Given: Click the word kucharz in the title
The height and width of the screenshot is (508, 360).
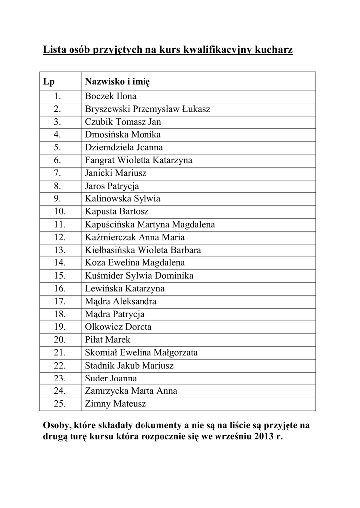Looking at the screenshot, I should click(x=273, y=50).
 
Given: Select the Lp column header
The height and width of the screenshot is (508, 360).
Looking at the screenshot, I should click(x=49, y=81).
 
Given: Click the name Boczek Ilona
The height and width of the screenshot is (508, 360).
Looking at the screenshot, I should click(x=110, y=96).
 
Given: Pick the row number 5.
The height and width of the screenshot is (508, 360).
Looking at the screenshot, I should click(x=57, y=147).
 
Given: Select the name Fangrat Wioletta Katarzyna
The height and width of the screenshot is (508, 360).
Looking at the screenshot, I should click(x=139, y=160).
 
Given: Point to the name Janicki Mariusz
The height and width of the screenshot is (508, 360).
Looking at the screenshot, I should click(x=116, y=173).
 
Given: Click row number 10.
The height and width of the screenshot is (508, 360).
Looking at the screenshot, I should click(x=60, y=212).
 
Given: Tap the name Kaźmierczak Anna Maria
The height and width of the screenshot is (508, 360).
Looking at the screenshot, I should click(x=135, y=238).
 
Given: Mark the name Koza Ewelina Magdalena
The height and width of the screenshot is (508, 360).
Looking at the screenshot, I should click(x=135, y=263).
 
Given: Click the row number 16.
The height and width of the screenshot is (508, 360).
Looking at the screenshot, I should click(x=60, y=289).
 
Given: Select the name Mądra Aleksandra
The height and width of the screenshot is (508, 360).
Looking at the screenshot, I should click(x=121, y=302).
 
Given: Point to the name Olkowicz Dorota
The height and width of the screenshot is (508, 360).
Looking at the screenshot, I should click(x=118, y=327).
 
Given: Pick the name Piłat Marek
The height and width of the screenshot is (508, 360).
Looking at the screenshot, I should click(x=107, y=340).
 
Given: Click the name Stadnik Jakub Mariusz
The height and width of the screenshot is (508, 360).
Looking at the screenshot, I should click(x=129, y=366).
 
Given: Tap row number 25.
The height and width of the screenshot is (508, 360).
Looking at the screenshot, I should click(x=60, y=404).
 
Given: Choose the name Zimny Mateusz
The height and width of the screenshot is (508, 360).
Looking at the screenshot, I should click(x=115, y=404).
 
